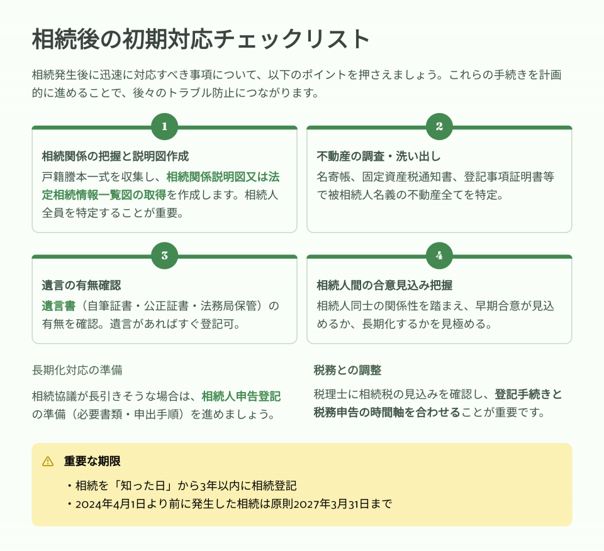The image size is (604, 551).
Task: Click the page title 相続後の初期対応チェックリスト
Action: (201, 39)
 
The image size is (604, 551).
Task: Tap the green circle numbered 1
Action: (164, 126)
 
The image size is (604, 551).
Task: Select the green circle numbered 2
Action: (440, 126)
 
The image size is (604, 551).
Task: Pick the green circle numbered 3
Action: (164, 256)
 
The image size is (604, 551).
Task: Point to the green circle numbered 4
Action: (440, 256)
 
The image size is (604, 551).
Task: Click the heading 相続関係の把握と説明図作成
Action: (115, 156)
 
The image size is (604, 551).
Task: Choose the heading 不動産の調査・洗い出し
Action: (379, 156)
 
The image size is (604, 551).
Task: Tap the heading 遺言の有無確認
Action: (81, 285)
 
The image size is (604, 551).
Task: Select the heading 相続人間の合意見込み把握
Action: (384, 285)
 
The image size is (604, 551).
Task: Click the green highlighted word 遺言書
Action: (59, 306)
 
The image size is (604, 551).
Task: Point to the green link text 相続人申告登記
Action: (241, 396)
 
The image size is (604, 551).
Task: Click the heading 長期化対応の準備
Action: (77, 370)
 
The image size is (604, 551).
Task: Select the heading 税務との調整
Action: (347, 370)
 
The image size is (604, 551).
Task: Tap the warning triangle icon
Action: (48, 461)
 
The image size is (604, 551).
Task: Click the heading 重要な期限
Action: (92, 461)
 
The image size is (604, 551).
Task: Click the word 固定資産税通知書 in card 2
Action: (407, 177)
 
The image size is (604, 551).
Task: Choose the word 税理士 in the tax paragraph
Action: (330, 395)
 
